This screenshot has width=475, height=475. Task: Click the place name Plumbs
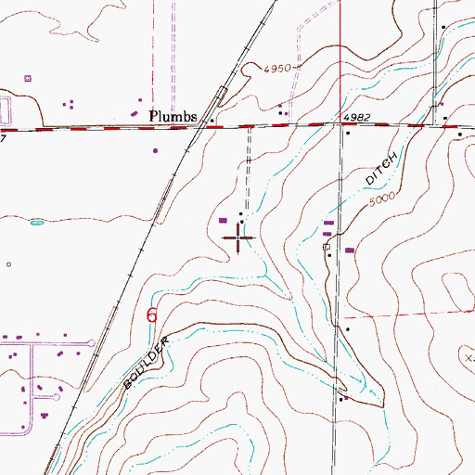point(173,116)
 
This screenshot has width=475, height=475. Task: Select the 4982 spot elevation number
point(357,117)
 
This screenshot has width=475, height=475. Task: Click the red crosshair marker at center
point(240,238)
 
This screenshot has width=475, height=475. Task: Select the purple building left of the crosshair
point(225,220)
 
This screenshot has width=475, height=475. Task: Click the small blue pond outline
point(37,223)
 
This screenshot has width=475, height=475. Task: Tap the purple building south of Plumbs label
point(155,149)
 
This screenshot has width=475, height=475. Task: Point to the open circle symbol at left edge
point(8,264)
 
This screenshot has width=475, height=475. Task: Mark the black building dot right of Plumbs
point(212,121)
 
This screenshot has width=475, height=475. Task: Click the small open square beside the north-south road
point(326,248)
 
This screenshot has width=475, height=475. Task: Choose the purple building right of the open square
point(350,250)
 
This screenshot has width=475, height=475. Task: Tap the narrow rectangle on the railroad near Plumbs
point(222,95)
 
